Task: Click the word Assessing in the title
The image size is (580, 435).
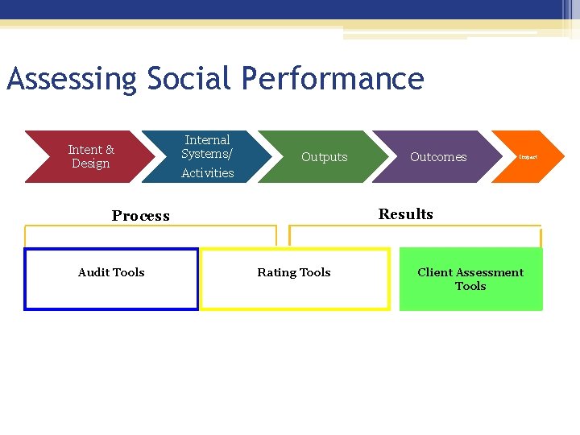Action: click(x=72, y=80)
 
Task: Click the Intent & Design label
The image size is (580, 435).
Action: click(x=91, y=156)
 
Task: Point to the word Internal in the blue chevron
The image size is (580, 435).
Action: click(x=207, y=140)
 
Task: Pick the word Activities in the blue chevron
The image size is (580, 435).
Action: click(x=207, y=173)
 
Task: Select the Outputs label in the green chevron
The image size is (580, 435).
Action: click(x=324, y=157)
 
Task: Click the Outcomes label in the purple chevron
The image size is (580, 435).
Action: click(x=438, y=157)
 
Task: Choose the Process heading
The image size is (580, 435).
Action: click(x=141, y=216)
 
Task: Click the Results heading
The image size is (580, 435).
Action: click(x=405, y=214)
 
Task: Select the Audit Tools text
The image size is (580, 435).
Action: click(x=111, y=272)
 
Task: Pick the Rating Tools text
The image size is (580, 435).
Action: click(x=293, y=272)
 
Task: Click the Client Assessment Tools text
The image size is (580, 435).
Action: click(x=470, y=279)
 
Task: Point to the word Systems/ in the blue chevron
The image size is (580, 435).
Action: click(x=207, y=154)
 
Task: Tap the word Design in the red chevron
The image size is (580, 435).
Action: click(x=91, y=164)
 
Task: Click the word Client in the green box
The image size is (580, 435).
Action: click(x=435, y=272)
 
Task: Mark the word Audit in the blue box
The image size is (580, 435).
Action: click(x=94, y=272)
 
